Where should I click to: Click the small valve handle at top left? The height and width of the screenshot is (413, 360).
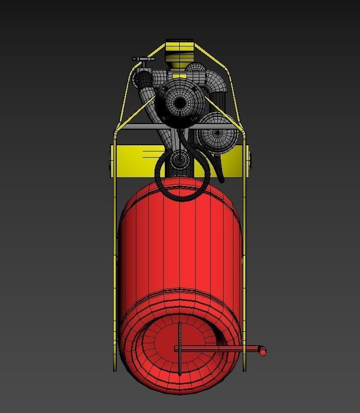pyautogui.click(x=144, y=60)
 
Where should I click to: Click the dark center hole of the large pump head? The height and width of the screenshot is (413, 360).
pyautogui.click(x=179, y=103)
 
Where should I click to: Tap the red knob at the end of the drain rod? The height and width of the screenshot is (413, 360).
pyautogui.click(x=262, y=352)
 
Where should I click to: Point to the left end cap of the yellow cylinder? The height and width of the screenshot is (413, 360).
pyautogui.click(x=112, y=160)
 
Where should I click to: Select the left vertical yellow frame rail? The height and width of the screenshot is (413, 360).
pyautogui.click(x=114, y=248)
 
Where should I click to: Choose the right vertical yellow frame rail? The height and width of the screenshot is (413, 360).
pyautogui.click(x=244, y=248)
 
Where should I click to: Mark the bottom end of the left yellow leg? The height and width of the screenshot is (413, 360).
pyautogui.click(x=114, y=368)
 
